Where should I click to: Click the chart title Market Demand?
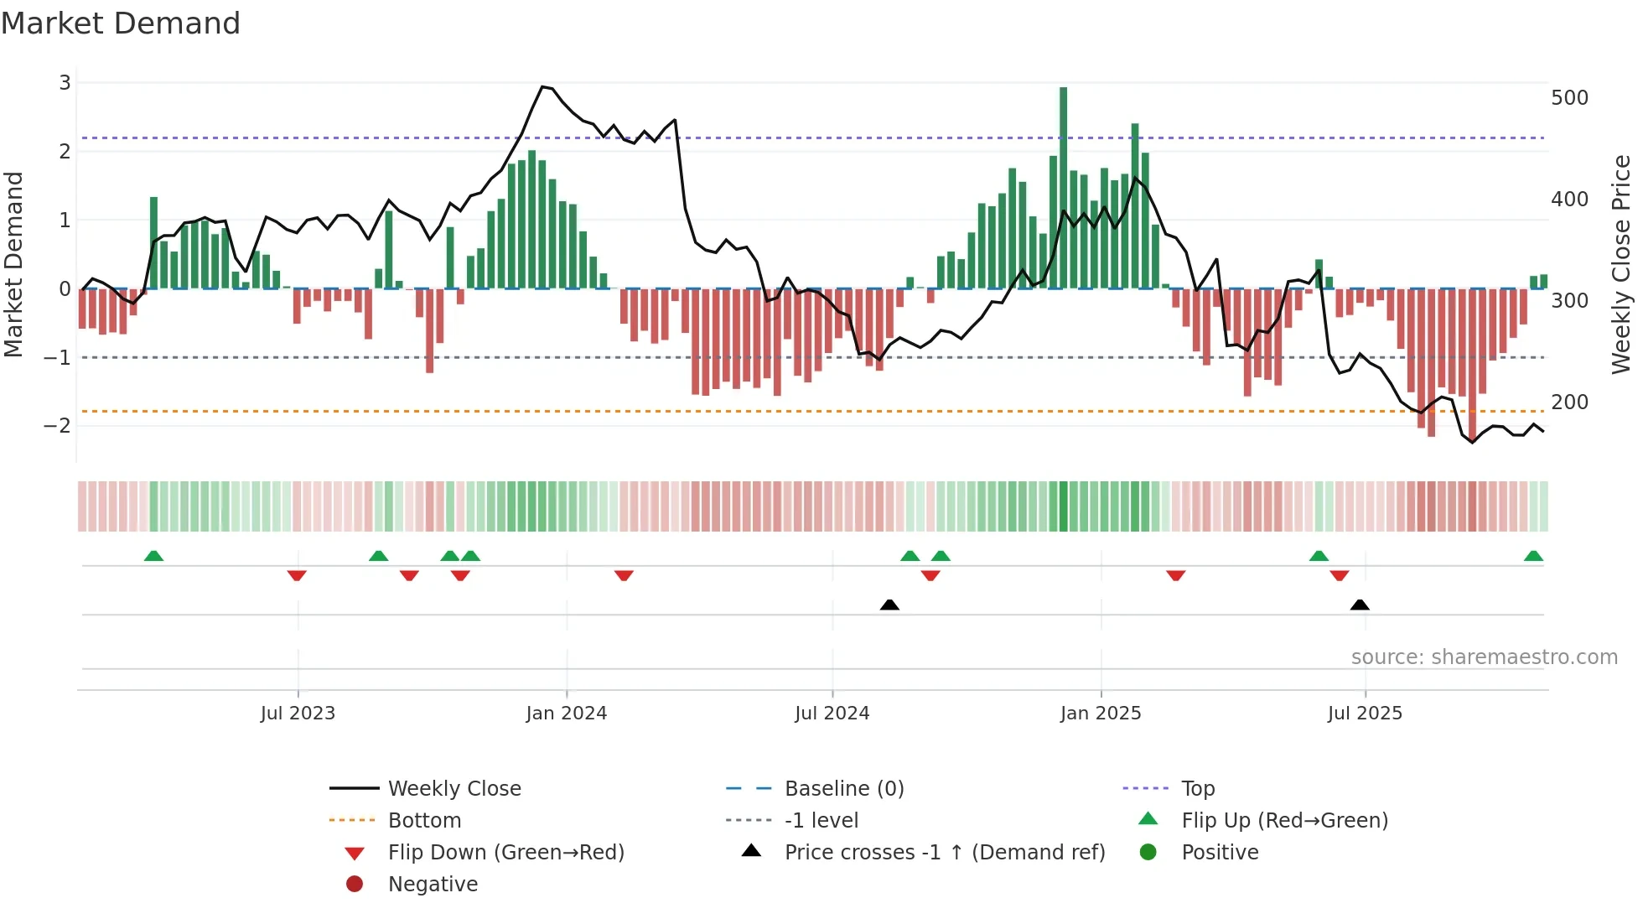point(121,23)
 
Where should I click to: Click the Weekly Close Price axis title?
point(1621,264)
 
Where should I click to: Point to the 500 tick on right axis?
point(1569,98)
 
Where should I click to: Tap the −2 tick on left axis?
point(57,426)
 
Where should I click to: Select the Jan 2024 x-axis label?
point(566,714)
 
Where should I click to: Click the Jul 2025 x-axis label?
point(1364,714)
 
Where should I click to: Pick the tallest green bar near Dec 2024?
point(1063,188)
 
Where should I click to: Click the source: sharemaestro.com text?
point(1484,657)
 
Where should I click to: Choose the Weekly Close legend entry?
point(454,789)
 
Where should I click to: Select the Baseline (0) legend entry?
point(843,789)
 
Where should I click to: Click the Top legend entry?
point(1197,789)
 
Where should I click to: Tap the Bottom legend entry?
point(424,821)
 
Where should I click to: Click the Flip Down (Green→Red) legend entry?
point(505,853)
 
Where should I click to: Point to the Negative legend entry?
point(433,885)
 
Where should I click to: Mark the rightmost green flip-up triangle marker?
point(1533,556)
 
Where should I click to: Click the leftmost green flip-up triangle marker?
point(153,556)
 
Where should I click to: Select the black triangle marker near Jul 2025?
point(1360,605)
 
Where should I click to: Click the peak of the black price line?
point(543,86)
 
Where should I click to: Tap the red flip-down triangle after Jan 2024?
point(624,575)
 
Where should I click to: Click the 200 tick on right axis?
point(1569,402)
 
